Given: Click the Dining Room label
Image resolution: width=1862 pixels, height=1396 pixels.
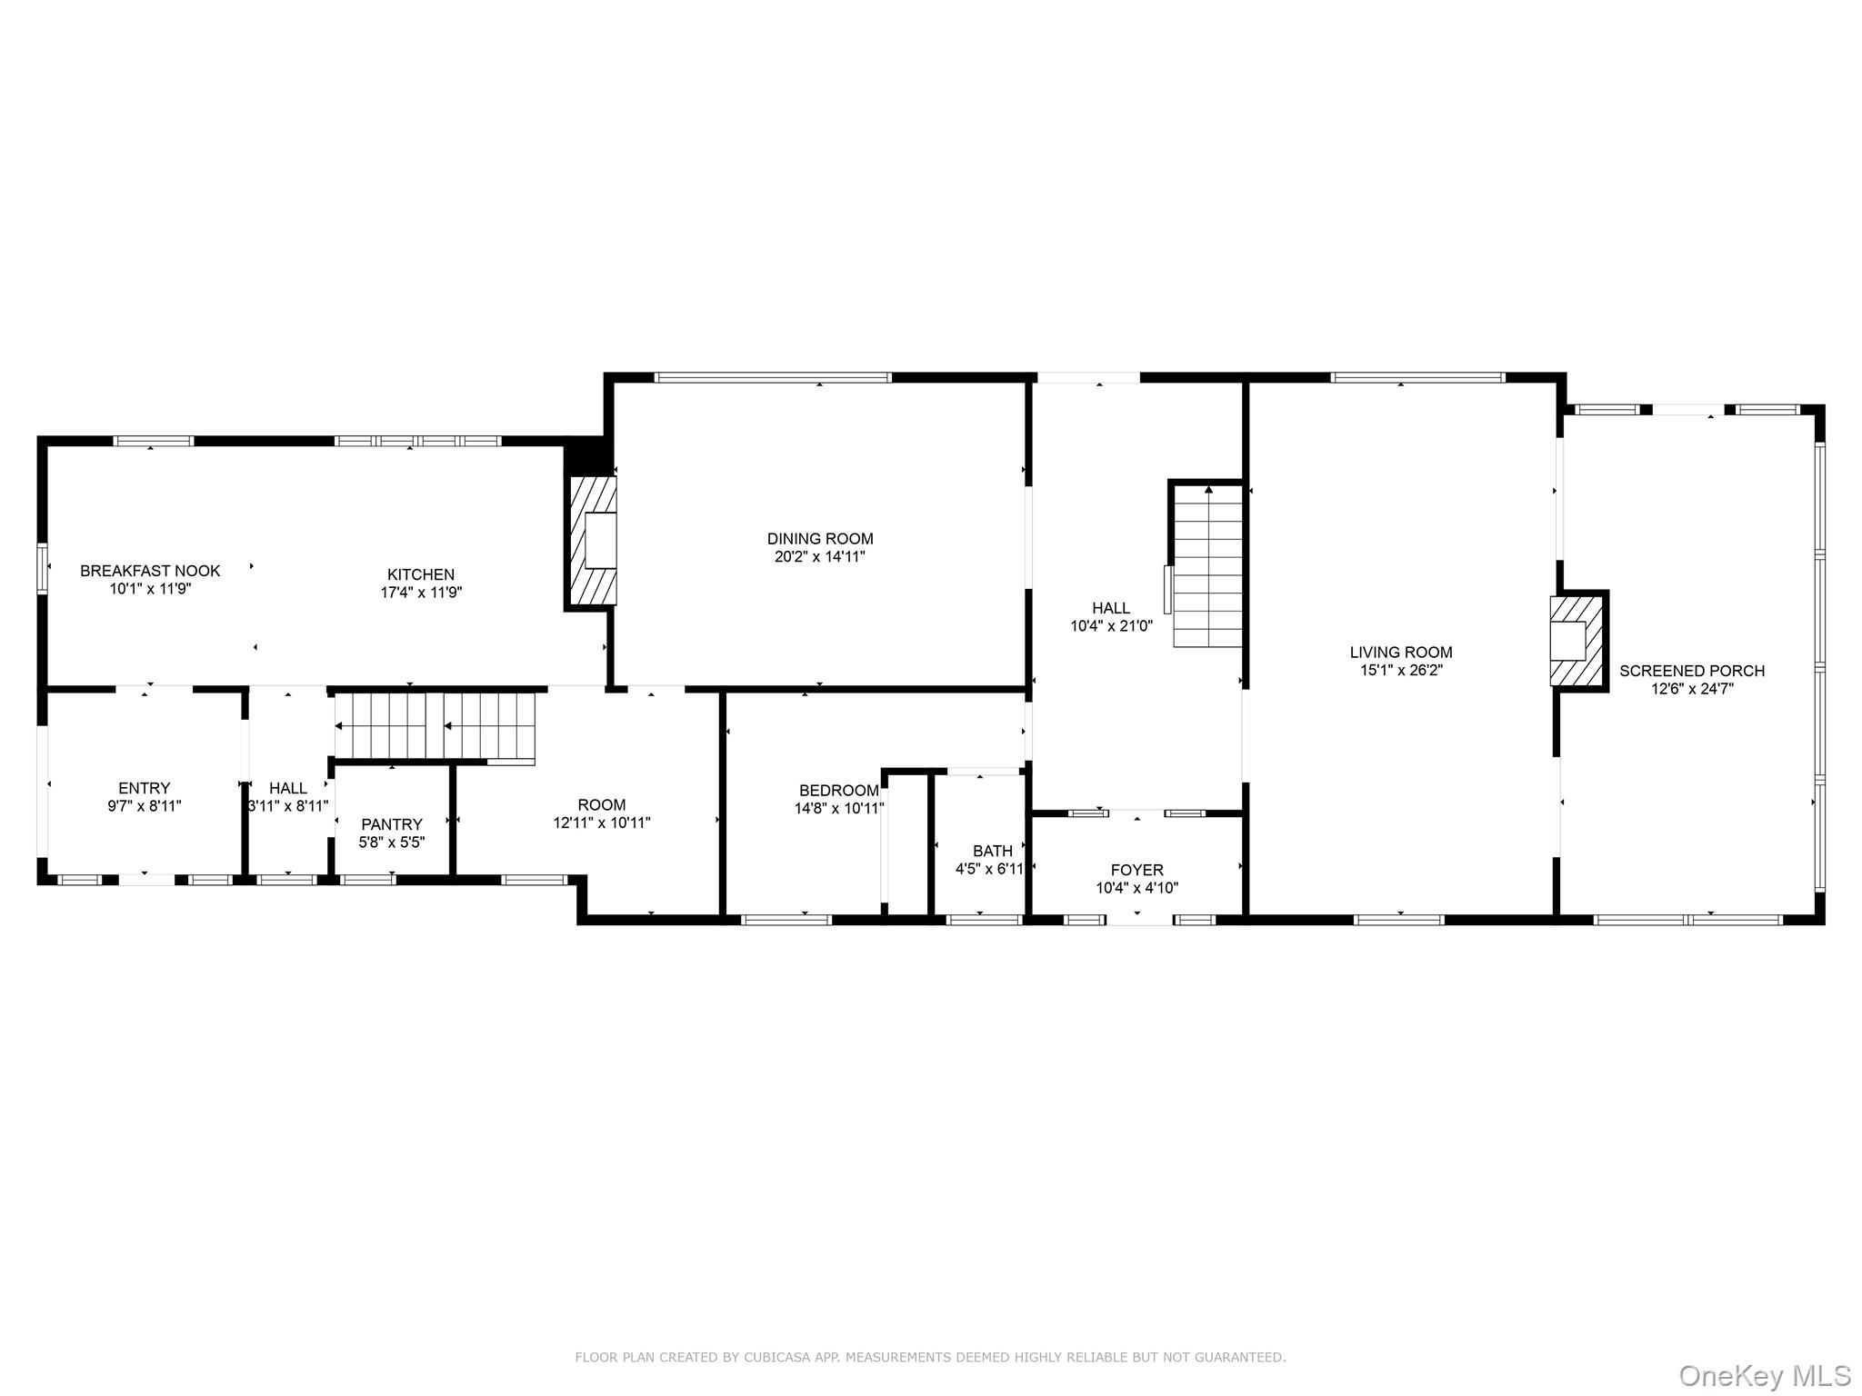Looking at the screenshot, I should pyautogui.click(x=819, y=539).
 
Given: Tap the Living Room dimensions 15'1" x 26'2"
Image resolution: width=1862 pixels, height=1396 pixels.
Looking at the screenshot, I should pyautogui.click(x=1400, y=671).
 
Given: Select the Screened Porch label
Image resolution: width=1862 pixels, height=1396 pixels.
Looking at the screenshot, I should pyautogui.click(x=1691, y=671).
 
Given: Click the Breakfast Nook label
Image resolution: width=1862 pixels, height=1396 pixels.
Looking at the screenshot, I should pyautogui.click(x=150, y=571).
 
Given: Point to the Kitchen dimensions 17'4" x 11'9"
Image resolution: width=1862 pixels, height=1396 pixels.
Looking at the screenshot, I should pyautogui.click(x=421, y=593).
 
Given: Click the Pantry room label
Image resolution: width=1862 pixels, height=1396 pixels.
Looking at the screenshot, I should pyautogui.click(x=392, y=824).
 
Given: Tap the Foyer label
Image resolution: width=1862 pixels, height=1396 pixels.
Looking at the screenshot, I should pyautogui.click(x=1136, y=870).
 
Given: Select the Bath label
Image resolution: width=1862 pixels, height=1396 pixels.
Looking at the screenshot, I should pyautogui.click(x=992, y=851).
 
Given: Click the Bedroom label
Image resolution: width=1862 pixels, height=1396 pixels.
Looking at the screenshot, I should pyautogui.click(x=838, y=791).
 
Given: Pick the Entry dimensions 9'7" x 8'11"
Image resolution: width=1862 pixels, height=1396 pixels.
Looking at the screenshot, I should pyautogui.click(x=145, y=806).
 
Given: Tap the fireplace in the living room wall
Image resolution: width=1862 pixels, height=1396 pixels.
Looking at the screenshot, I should pyautogui.click(x=1575, y=640).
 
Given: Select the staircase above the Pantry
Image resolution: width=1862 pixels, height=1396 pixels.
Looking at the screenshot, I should pyautogui.click(x=435, y=725).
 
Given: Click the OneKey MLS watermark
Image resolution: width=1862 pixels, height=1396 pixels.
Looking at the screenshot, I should pyautogui.click(x=1764, y=1375).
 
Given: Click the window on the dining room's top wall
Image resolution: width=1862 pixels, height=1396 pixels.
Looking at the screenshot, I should pyautogui.click(x=773, y=377).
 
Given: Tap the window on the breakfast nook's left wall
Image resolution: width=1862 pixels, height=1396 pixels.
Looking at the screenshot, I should pyautogui.click(x=42, y=568).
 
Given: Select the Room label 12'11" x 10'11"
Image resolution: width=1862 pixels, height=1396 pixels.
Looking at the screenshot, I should pyautogui.click(x=601, y=805).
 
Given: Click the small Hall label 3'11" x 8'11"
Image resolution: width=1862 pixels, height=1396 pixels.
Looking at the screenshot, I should pyautogui.click(x=287, y=789).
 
